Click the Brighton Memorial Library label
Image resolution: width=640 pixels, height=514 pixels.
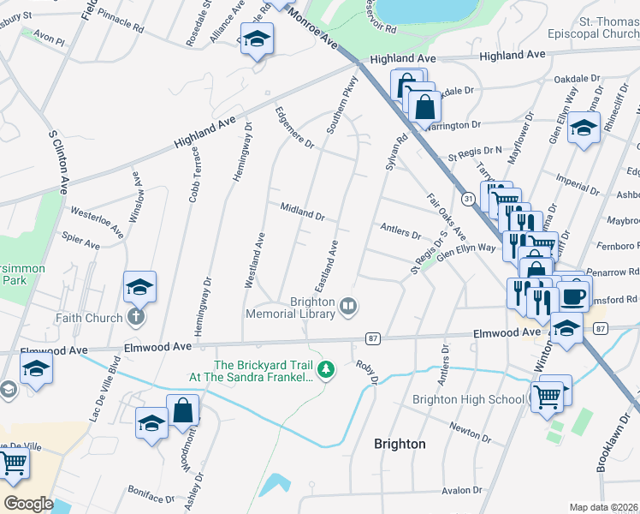coord(300,308)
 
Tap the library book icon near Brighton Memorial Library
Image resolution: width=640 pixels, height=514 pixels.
coord(348,306)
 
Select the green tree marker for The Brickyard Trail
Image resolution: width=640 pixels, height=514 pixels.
coord(325,370)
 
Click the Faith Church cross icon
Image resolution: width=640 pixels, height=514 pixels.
coord(135,318)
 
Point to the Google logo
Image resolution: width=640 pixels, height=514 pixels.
coord(28,504)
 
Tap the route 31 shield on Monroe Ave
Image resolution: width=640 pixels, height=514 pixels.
coord(468,199)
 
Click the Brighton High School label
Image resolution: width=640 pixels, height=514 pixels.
coord(468,400)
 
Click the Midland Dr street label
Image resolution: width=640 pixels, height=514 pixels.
coord(302,211)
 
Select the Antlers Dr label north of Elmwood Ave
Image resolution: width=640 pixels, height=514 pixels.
coord(400,230)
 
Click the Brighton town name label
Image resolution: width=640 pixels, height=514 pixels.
coord(400,444)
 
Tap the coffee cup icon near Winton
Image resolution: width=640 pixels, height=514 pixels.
coord(574,297)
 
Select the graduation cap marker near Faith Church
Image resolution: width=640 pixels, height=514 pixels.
coord(139,288)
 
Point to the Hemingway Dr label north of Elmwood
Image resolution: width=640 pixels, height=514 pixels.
coord(239,151)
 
